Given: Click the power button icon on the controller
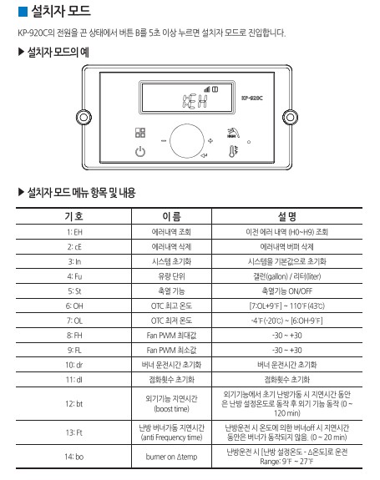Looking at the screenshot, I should pyautogui.click(x=140, y=151).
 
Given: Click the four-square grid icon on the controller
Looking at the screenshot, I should pyautogui.click(x=140, y=132).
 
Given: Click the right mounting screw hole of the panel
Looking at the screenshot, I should pyautogui.click(x=289, y=115).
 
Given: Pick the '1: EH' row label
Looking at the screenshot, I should pyautogui.click(x=73, y=231).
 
